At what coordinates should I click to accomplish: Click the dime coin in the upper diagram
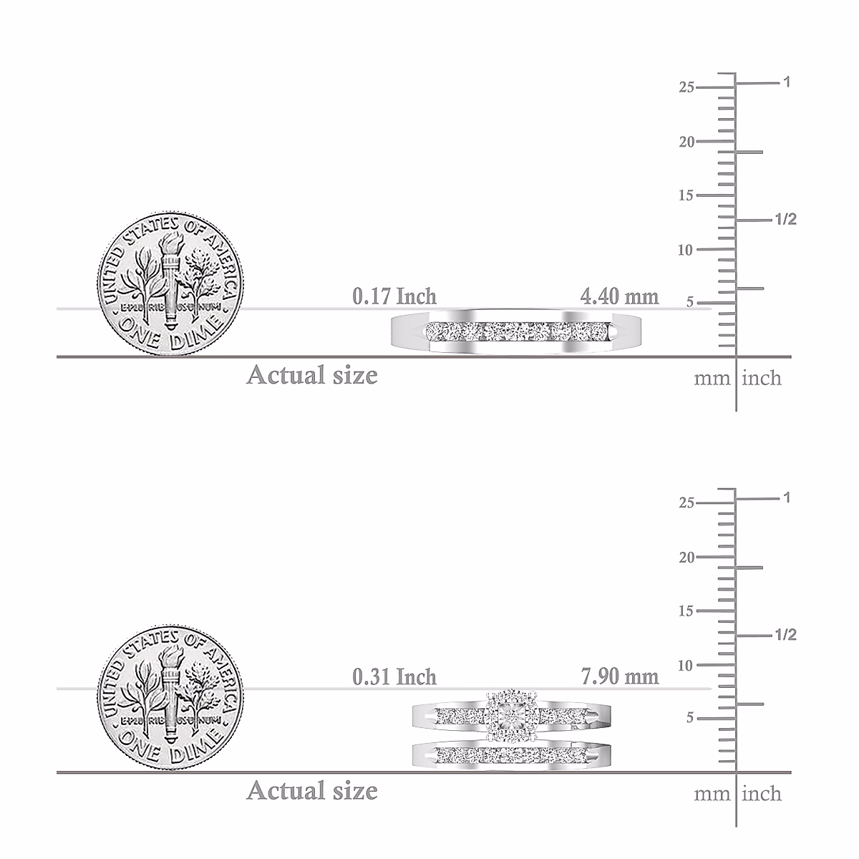click(170, 284)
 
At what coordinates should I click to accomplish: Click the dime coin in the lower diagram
click(170, 699)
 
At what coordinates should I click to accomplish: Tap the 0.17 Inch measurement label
click(394, 296)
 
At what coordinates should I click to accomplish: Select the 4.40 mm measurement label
click(619, 296)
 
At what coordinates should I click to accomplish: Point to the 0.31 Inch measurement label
click(394, 677)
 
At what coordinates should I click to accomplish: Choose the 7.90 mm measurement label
click(620, 677)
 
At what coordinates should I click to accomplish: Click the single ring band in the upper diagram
click(516, 333)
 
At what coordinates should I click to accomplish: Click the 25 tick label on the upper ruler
click(686, 87)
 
